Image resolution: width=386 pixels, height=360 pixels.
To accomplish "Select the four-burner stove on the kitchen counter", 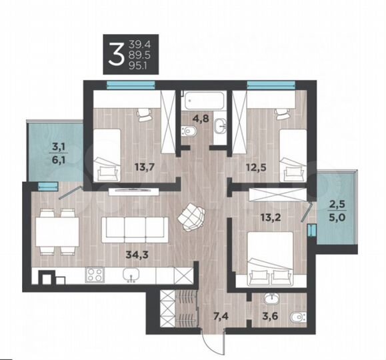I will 95,274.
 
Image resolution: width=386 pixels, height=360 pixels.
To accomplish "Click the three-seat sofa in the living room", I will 135,229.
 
